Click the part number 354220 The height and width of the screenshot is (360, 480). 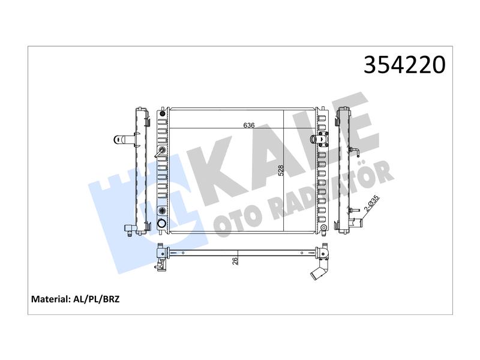tap(404, 65)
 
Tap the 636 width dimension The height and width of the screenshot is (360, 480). tap(249, 125)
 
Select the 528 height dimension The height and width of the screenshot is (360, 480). tap(281, 170)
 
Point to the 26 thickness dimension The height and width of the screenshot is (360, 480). tap(235, 261)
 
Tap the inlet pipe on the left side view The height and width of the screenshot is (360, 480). tap(124, 140)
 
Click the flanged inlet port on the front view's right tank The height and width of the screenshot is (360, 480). tap(319, 139)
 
